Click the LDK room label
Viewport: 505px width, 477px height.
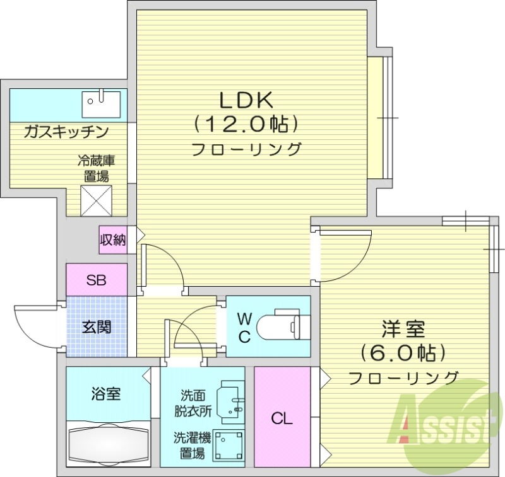pos(245,101)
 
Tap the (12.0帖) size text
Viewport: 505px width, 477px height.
pos(246,124)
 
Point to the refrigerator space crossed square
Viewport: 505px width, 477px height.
pos(97,200)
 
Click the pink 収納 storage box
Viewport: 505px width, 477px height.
pos(112,239)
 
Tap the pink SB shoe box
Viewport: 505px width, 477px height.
pos(97,280)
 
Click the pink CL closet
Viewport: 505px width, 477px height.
pos(282,418)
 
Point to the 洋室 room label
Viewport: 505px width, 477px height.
pos(403,330)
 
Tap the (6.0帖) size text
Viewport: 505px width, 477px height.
pos(403,352)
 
